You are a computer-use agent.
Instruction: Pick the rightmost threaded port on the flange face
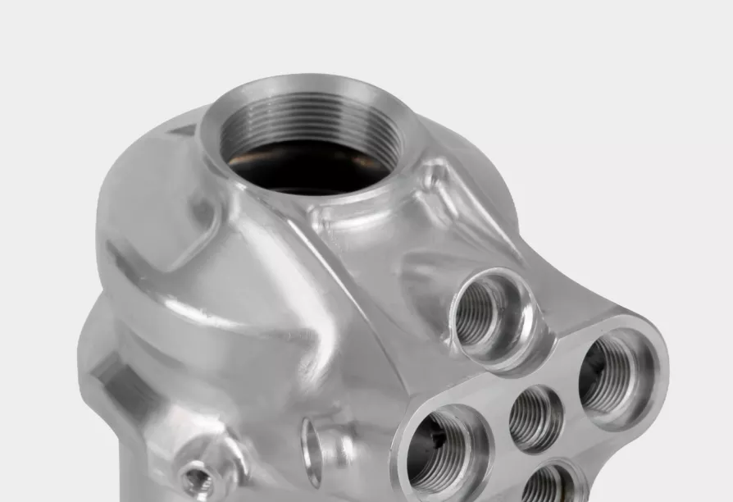point(611,378)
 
